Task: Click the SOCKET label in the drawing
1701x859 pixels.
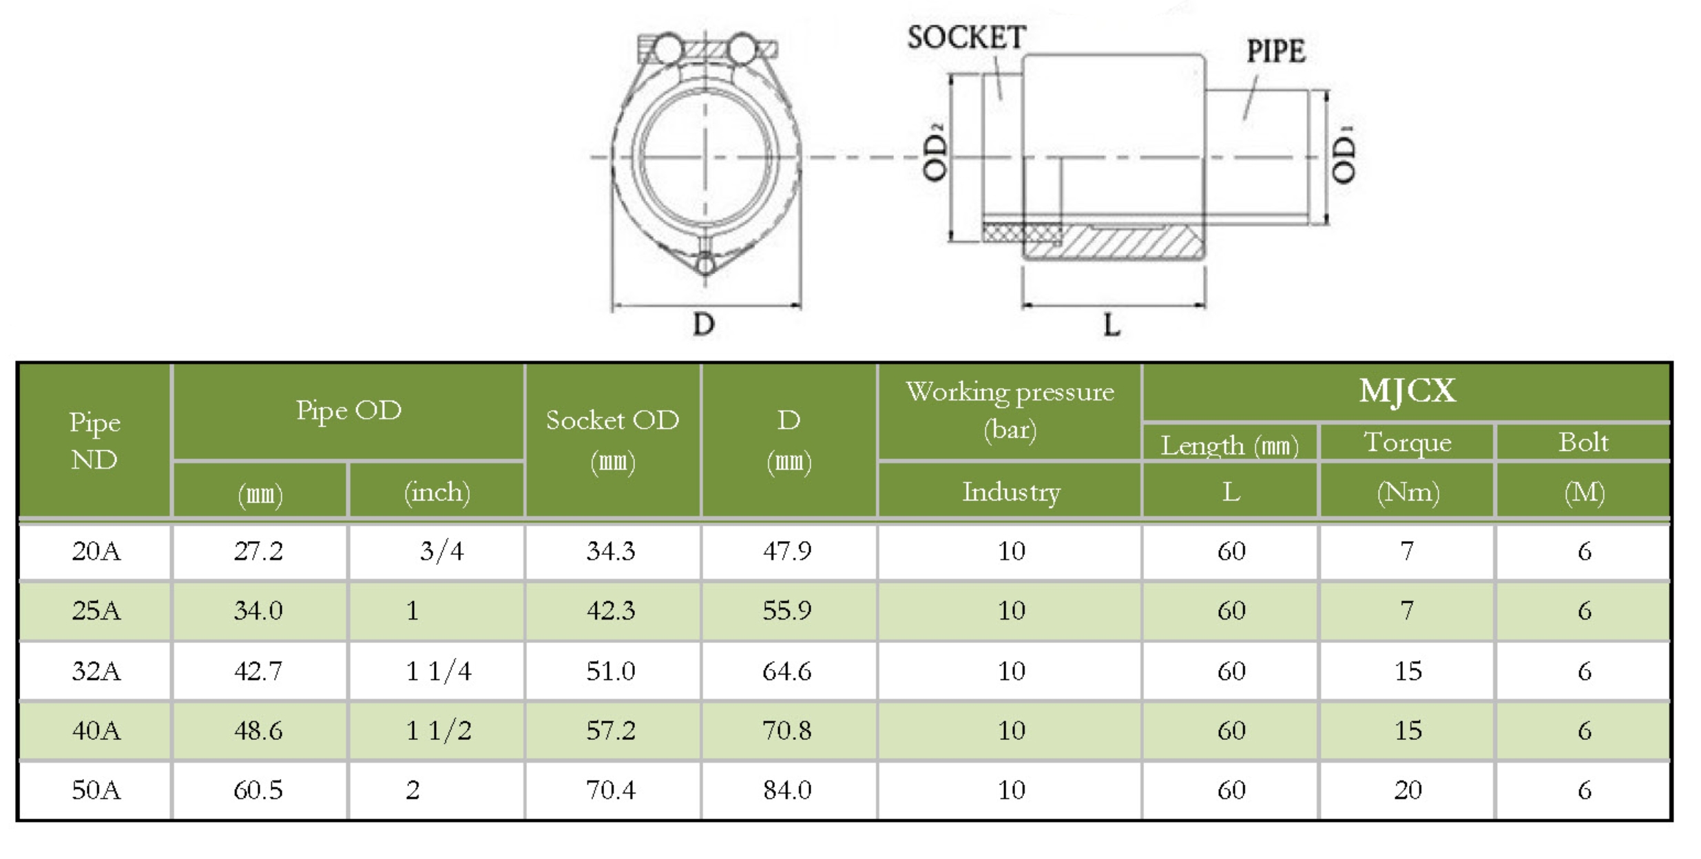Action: [x=966, y=37]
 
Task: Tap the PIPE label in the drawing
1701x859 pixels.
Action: [x=1275, y=52]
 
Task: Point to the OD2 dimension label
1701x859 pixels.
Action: [x=935, y=152]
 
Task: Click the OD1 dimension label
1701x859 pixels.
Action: [x=1344, y=155]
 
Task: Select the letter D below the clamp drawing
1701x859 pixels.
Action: [x=704, y=324]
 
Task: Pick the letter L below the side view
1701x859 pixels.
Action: [x=1112, y=325]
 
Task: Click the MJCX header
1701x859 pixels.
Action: [x=1407, y=391]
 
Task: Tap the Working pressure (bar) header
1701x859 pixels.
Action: [x=1010, y=411]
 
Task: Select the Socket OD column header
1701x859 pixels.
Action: [x=612, y=441]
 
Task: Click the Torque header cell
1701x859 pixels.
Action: [x=1408, y=443]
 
